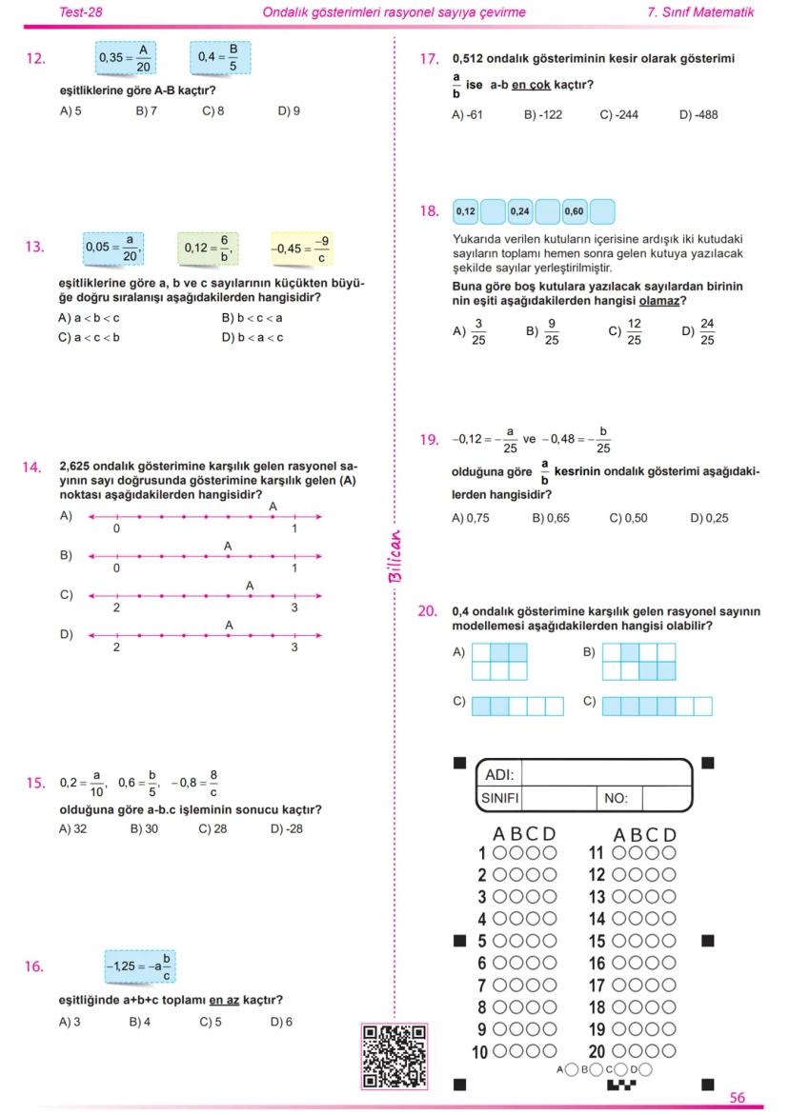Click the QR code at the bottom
394,1055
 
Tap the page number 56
738,1098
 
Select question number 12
35,59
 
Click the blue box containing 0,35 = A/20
125,58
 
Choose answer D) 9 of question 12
289,110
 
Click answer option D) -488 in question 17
698,115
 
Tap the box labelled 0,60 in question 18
575,210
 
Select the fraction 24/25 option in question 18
699,332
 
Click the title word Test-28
81,12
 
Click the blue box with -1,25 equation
139,966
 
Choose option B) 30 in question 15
145,828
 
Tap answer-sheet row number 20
597,1052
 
